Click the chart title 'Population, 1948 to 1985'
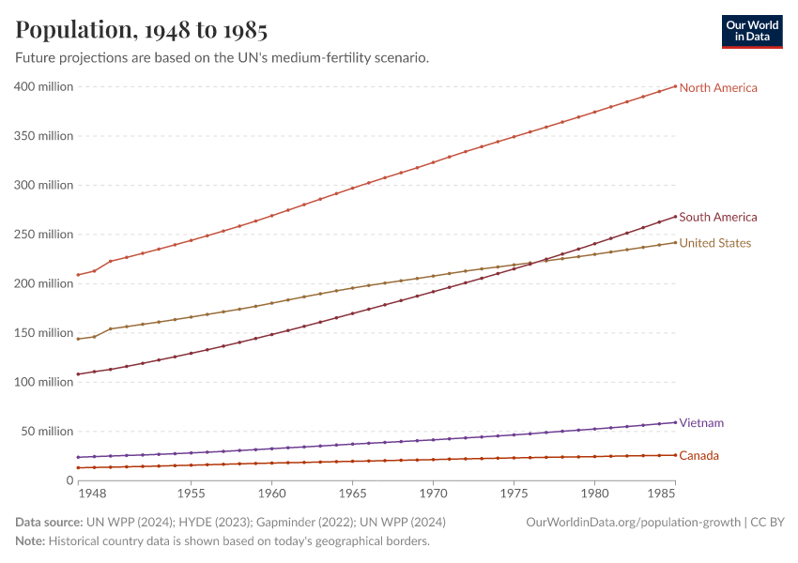tap(142, 30)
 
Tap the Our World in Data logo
tap(751, 31)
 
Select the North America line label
tap(717, 88)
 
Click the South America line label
tap(717, 218)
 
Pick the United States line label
tap(714, 244)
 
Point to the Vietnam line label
tap(701, 423)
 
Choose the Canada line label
tap(699, 456)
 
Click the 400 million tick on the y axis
tap(44, 87)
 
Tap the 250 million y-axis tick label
tap(44, 235)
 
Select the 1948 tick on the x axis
tap(90, 493)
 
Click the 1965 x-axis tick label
tap(352, 493)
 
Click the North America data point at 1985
tap(675, 86)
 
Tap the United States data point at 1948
tap(78, 339)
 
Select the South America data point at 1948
tap(78, 374)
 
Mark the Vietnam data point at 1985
tap(675, 422)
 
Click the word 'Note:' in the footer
tap(30, 541)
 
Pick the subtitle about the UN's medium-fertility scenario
tap(223, 58)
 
